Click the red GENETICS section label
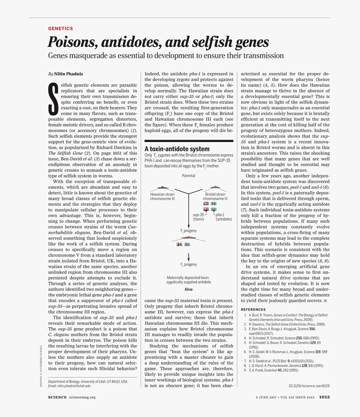(60, 28)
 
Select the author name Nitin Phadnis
(68, 74)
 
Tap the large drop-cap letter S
(53, 98)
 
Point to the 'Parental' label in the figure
(188, 176)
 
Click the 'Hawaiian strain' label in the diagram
(162, 194)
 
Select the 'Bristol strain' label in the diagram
(215, 194)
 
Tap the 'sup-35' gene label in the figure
(198, 215)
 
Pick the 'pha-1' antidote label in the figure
(220, 215)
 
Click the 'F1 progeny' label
(188, 231)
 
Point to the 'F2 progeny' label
(188, 265)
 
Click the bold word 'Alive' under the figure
(188, 289)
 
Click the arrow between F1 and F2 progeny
(188, 256)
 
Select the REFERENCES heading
(254, 309)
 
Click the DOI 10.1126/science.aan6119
(309, 386)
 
